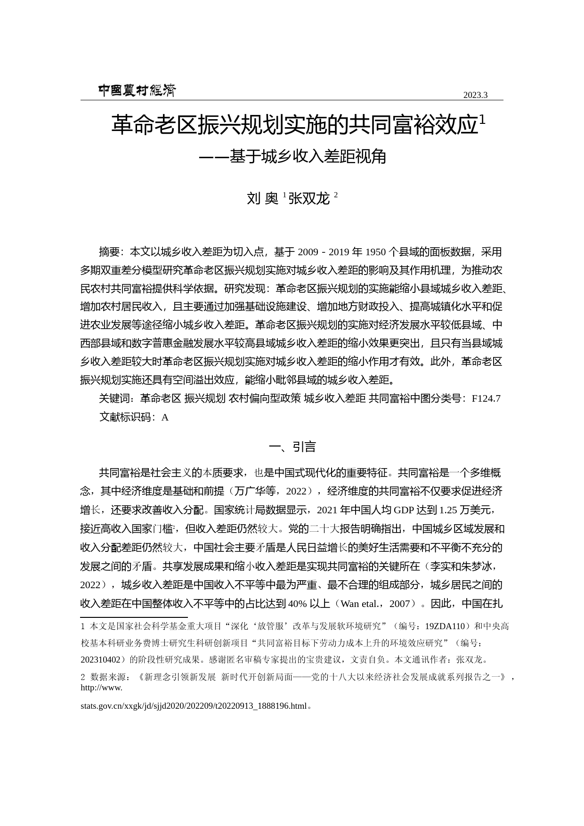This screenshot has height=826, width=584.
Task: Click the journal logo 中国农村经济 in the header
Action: pyautogui.click(x=137, y=90)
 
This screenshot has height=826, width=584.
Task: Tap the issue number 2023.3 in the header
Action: pyautogui.click(x=475, y=95)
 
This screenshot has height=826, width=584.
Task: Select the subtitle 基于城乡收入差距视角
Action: pyautogui.click(x=307, y=156)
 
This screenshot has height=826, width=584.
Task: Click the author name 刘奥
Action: pyautogui.click(x=263, y=199)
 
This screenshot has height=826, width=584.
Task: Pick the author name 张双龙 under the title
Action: pyautogui.click(x=309, y=199)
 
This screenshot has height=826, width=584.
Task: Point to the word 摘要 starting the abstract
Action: pyautogui.click(x=109, y=252)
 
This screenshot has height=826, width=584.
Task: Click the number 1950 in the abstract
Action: pyautogui.click(x=376, y=252)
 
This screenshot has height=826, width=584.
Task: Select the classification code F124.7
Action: pyautogui.click(x=486, y=398)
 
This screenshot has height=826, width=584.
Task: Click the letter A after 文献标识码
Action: pyautogui.click(x=165, y=417)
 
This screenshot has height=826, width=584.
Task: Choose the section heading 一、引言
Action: pyautogui.click(x=292, y=446)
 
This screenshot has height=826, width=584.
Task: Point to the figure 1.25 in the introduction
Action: pyautogui.click(x=448, y=510)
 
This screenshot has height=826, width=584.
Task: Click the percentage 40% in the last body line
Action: pyautogui.click(x=297, y=604)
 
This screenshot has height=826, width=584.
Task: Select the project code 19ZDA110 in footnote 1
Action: pyautogui.click(x=445, y=626)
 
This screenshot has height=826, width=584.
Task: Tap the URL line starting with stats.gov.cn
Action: pyautogui.click(x=194, y=706)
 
